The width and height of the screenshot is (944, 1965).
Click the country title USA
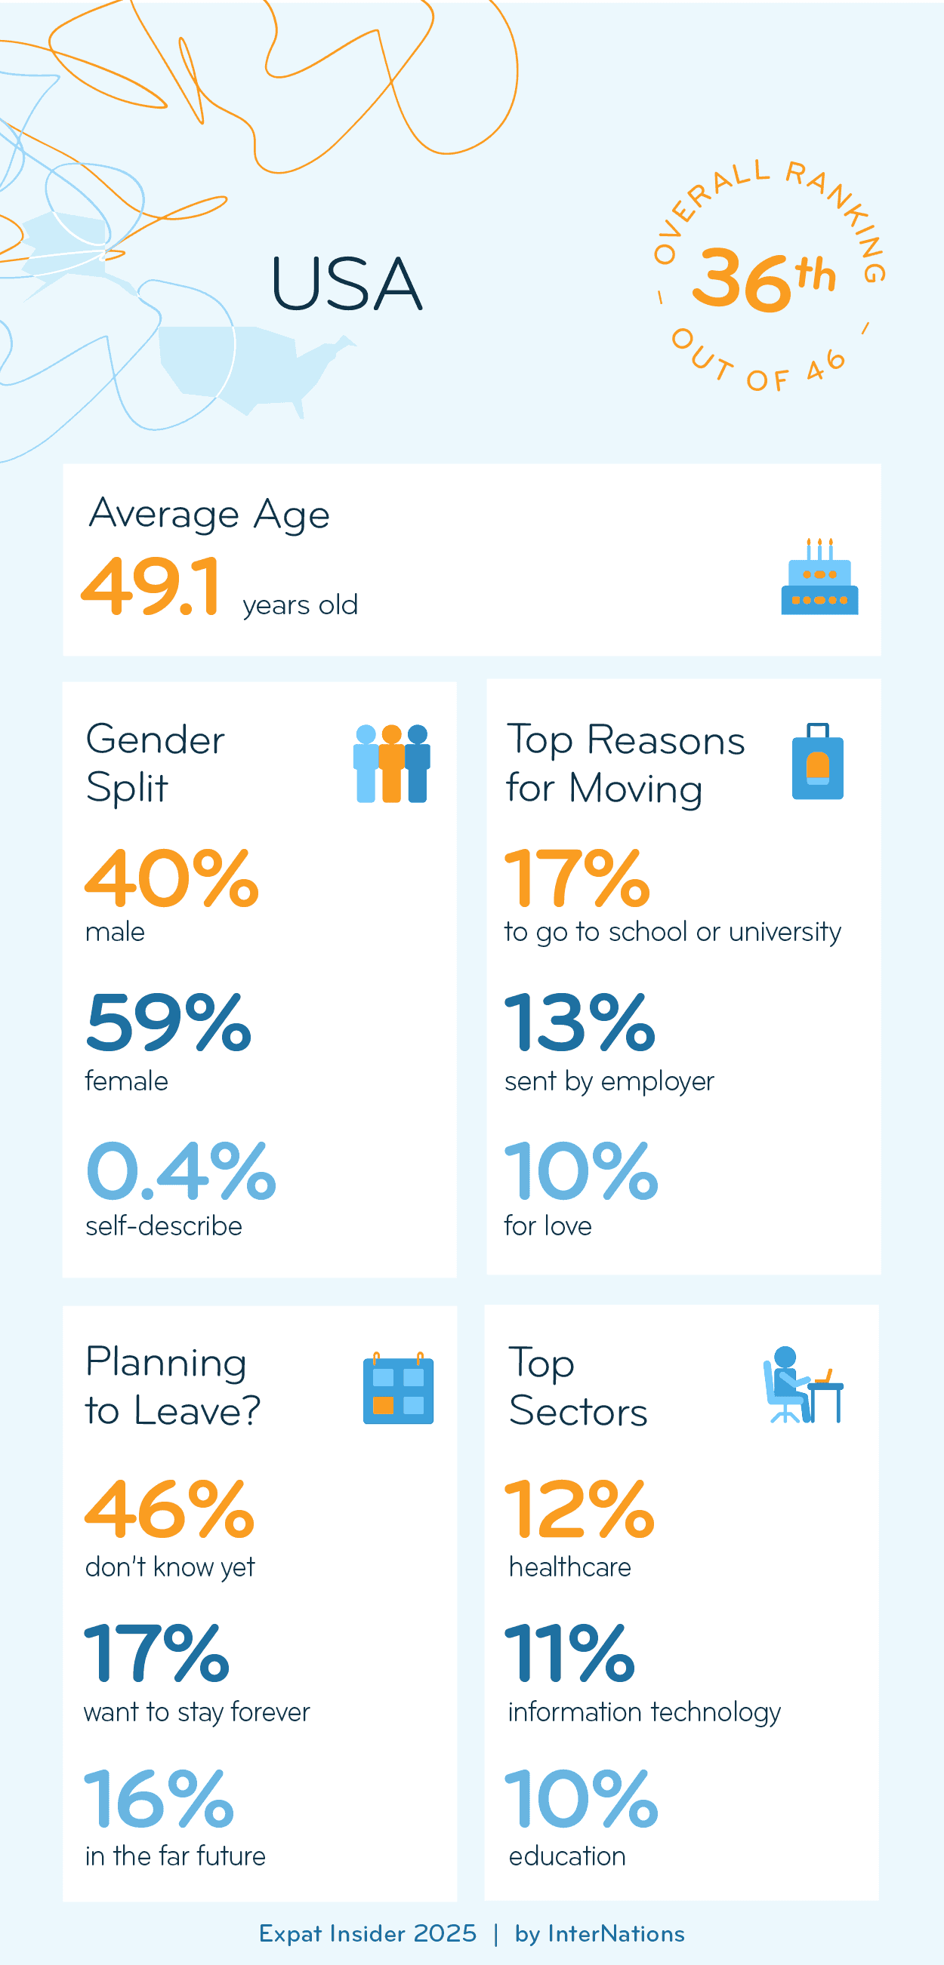pyautogui.click(x=347, y=284)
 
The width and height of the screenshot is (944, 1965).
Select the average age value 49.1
pyautogui.click(x=151, y=586)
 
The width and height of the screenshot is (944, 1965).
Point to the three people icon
pyautogui.click(x=392, y=764)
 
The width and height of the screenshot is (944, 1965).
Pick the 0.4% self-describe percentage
pyautogui.click(x=180, y=1171)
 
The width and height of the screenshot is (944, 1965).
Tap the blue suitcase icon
pyautogui.click(x=817, y=762)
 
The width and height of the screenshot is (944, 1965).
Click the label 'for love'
pyautogui.click(x=548, y=1225)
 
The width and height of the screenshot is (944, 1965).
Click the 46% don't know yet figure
pyautogui.click(x=169, y=1509)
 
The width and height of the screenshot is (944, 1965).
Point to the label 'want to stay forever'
pyautogui.click(x=197, y=1711)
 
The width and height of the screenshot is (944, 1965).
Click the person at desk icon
pyautogui.click(x=804, y=1386)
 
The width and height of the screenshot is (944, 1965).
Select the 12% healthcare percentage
pyautogui.click(x=580, y=1509)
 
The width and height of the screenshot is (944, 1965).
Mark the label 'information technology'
pyautogui.click(x=644, y=1711)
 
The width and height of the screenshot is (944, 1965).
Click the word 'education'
pyautogui.click(x=567, y=1856)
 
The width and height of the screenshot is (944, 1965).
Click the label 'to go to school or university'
pyautogui.click(x=672, y=932)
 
